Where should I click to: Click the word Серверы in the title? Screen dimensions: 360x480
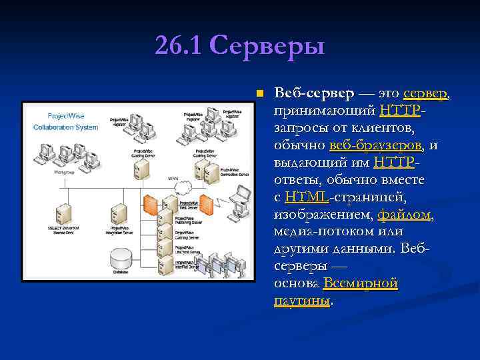[267, 46]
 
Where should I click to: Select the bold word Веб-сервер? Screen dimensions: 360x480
[313, 93]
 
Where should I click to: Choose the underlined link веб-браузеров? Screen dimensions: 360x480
[376, 145]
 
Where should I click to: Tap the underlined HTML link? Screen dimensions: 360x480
[307, 197]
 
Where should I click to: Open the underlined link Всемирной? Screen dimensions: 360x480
[360, 283]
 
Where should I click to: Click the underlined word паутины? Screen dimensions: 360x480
[301, 301]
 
